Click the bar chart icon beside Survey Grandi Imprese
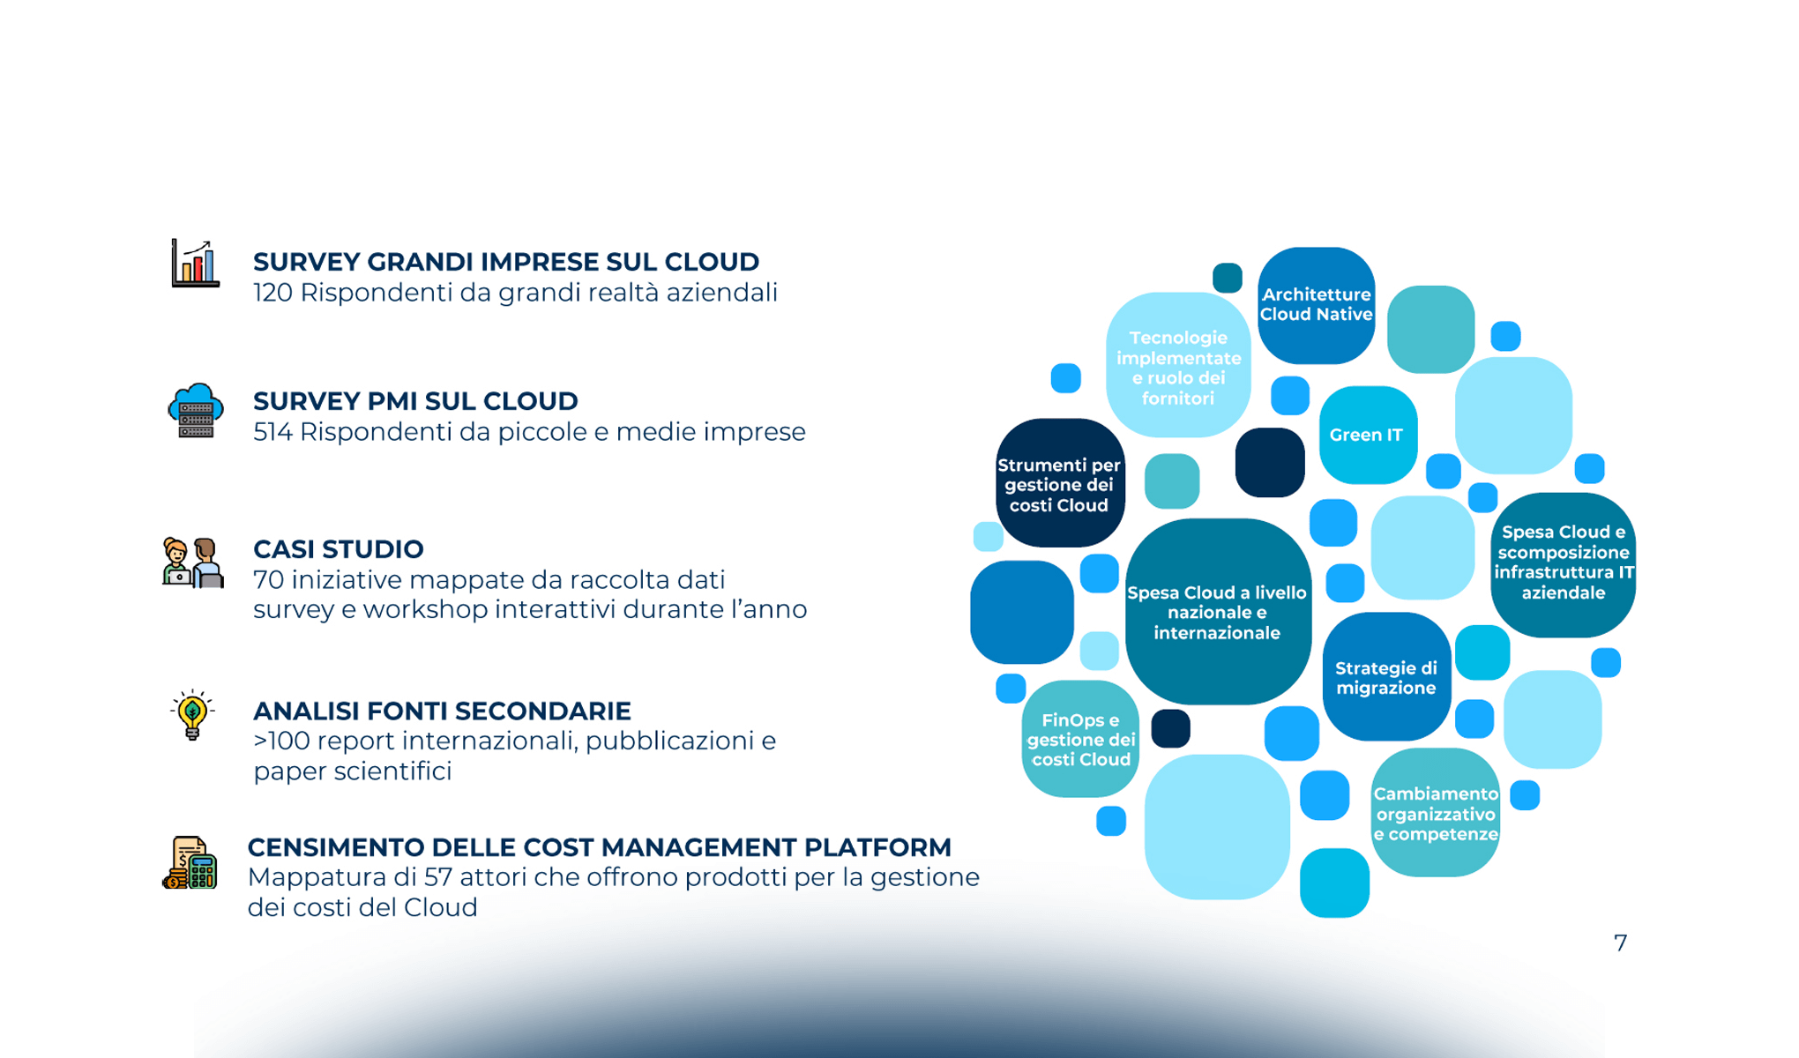195,263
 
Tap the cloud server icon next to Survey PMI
195,411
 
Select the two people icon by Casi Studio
193,563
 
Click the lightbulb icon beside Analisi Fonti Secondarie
192,715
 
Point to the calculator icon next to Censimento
190,863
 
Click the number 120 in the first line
272,293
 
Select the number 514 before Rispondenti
272,432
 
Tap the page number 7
1620,943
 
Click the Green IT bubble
1367,435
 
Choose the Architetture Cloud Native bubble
1316,305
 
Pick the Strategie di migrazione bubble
1385,677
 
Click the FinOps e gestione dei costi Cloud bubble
1080,740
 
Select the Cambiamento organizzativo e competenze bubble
1435,814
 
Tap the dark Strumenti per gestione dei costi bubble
1059,484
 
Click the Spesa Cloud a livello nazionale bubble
1217,612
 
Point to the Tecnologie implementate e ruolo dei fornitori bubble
1178,367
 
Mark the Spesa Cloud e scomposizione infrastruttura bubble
1563,563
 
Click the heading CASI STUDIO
338,549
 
